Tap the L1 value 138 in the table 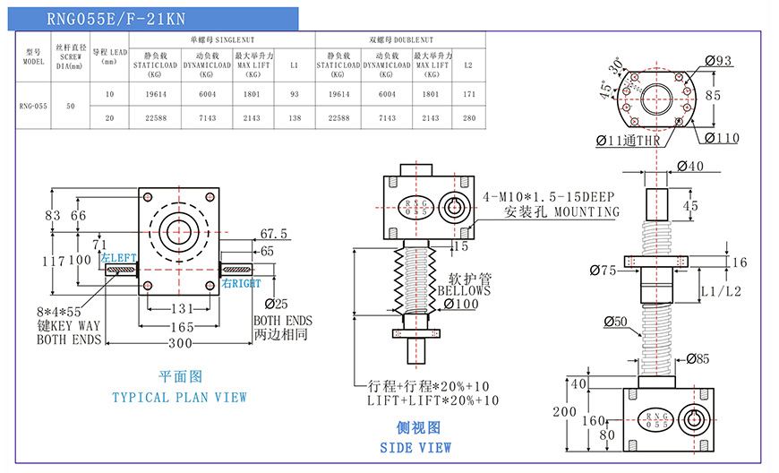295,117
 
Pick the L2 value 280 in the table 468,117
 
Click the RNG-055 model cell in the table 33,105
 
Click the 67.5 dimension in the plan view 273,234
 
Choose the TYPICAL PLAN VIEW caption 179,397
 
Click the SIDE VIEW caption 415,447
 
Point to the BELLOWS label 464,291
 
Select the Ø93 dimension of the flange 718,61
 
